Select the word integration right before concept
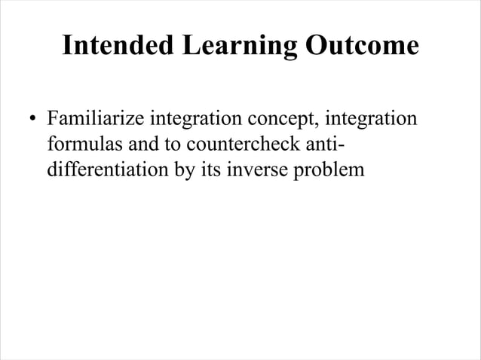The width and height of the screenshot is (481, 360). click(194, 120)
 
